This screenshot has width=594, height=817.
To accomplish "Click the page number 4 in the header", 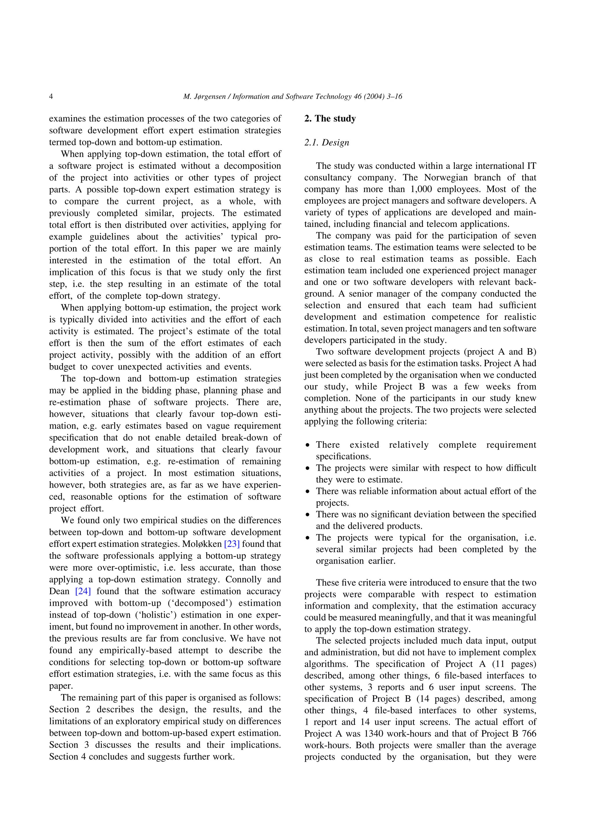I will click(x=51, y=97).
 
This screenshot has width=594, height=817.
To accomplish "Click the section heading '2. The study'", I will click(x=330, y=119).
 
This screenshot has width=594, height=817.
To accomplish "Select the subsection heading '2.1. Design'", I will click(x=327, y=143).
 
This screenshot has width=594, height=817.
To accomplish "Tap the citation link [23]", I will click(x=232, y=544).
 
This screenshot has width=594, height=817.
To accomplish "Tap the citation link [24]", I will click(x=83, y=591).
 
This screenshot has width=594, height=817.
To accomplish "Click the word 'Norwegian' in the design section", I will click(x=445, y=178).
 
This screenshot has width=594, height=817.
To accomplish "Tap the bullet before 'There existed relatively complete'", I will click(x=307, y=446).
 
